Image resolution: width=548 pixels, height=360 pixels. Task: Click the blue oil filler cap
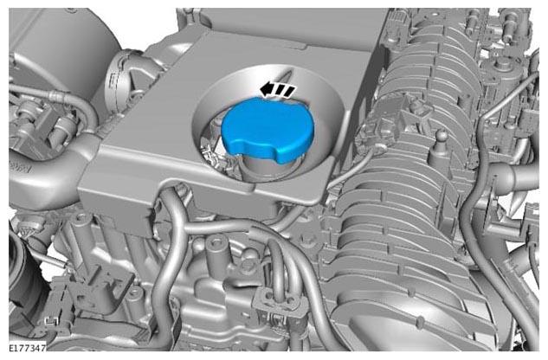click(268, 129)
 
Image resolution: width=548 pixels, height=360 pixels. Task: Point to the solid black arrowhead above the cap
click(267, 89)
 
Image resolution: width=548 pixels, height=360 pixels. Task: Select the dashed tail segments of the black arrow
click(285, 91)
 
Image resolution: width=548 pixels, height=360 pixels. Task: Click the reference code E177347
click(27, 348)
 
